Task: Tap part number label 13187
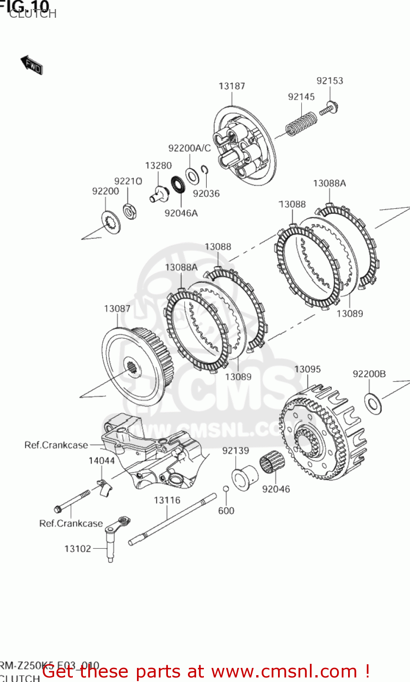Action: click(232, 86)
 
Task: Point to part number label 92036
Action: click(206, 194)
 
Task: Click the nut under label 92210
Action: click(130, 211)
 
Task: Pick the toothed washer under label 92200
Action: click(111, 222)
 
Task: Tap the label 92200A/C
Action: click(189, 148)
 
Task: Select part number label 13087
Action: click(117, 309)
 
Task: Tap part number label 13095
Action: click(307, 369)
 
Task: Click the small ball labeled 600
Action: click(225, 489)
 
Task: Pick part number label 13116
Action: click(167, 501)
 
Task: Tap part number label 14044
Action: click(101, 461)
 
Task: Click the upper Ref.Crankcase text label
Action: click(56, 445)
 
